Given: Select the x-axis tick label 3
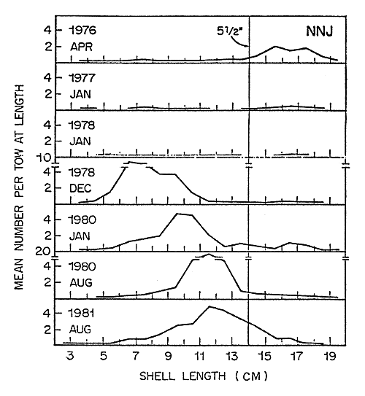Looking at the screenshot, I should click(x=71, y=358).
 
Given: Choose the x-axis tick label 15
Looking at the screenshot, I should click(x=264, y=358).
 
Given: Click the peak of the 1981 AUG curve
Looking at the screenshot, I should click(x=210, y=306).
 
